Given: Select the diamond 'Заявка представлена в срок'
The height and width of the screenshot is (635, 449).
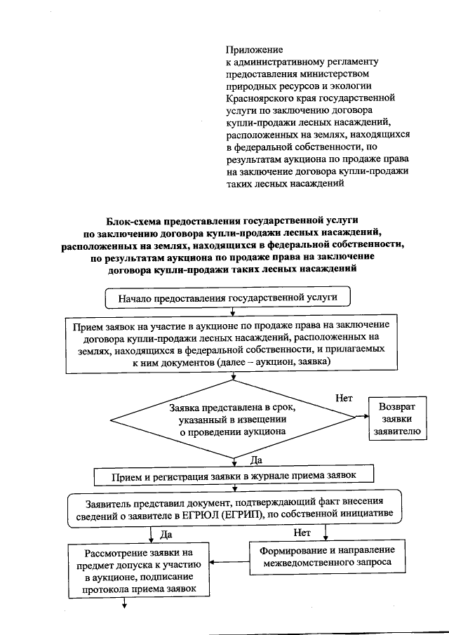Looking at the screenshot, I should click(232, 420).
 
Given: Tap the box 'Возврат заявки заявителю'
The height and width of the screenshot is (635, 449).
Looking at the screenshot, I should click(397, 420).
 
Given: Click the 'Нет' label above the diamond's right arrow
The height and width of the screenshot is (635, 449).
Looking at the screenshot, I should click(344, 398).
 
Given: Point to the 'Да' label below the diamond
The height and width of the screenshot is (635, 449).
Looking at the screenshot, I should click(256, 460).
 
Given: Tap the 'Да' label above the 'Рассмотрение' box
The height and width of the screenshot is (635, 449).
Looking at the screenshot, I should click(166, 534).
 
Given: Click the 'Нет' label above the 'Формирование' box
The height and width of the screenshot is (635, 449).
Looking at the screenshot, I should click(302, 533).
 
